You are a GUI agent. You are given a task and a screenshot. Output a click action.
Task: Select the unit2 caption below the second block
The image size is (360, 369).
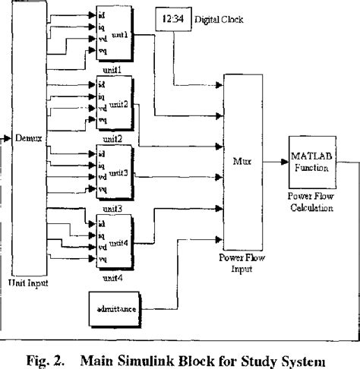click(x=112, y=138)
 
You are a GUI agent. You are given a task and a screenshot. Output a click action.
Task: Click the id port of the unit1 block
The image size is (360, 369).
click(x=102, y=13)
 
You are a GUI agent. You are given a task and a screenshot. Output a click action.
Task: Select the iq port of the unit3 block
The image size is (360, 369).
click(x=102, y=165)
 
